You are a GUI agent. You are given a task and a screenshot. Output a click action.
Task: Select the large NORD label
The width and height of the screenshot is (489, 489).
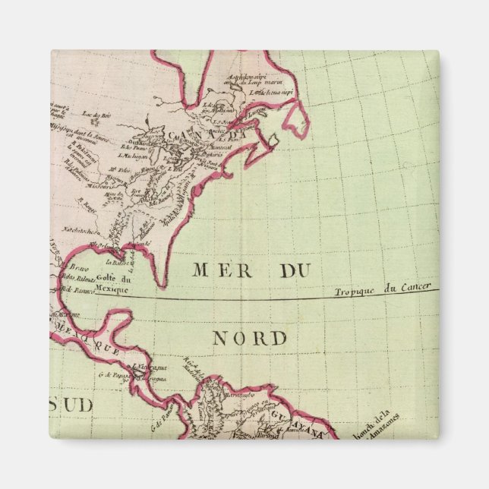(x=249, y=338)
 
